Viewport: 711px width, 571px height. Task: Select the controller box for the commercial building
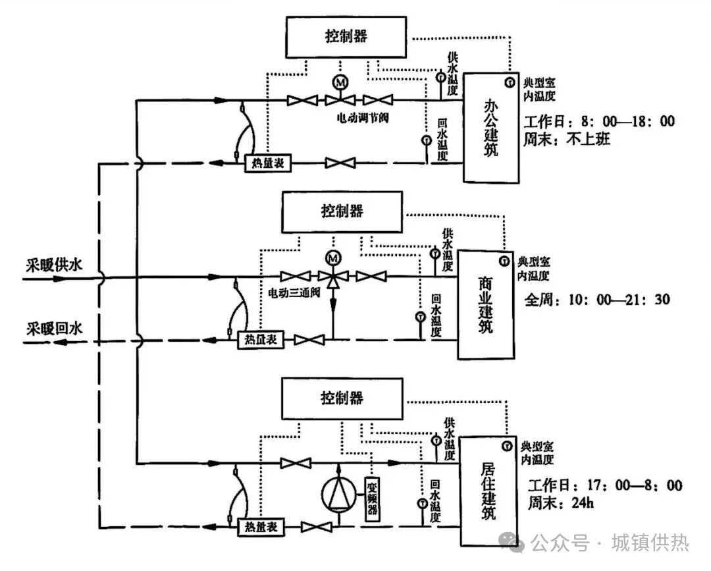(x=342, y=211)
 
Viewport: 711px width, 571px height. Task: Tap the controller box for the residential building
(x=342, y=397)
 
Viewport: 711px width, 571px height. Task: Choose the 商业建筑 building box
(x=485, y=304)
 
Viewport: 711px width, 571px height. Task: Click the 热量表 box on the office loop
(x=268, y=163)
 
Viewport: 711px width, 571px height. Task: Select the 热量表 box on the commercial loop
(x=259, y=340)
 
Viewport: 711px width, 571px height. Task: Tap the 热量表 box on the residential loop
(x=259, y=527)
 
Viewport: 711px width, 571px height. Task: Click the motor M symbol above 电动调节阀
(x=340, y=82)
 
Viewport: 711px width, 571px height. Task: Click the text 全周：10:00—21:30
(x=597, y=300)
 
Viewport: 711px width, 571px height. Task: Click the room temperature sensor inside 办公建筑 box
(x=510, y=82)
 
